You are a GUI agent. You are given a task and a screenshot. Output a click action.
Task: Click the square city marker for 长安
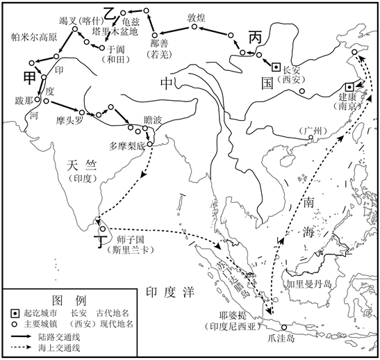[276, 67]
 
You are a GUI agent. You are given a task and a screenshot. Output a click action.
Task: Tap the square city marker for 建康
[349, 87]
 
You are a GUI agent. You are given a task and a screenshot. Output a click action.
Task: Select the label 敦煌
[196, 17]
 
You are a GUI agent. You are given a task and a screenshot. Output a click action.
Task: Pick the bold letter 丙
[256, 38]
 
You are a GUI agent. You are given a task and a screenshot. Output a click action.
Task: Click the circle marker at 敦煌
[194, 26]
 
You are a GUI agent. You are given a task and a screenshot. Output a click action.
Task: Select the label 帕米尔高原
[34, 37]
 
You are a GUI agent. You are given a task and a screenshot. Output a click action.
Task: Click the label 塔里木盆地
[115, 31]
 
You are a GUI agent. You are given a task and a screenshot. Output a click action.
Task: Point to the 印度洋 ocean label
[170, 293]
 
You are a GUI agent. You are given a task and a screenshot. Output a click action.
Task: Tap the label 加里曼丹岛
[308, 284]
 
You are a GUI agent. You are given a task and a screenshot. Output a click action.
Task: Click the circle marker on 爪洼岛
[284, 327]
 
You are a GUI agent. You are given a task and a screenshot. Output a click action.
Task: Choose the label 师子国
[131, 240]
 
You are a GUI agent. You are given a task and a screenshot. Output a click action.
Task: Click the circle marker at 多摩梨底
[150, 144]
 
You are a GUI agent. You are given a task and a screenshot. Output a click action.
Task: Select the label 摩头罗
[69, 120]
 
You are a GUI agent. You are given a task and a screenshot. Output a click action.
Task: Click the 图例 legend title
[69, 301]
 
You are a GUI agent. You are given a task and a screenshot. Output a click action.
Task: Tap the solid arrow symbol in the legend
[21, 336]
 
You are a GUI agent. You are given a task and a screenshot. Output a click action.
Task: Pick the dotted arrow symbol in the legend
[21, 347]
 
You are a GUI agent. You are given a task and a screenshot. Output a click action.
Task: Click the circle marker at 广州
[311, 138]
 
